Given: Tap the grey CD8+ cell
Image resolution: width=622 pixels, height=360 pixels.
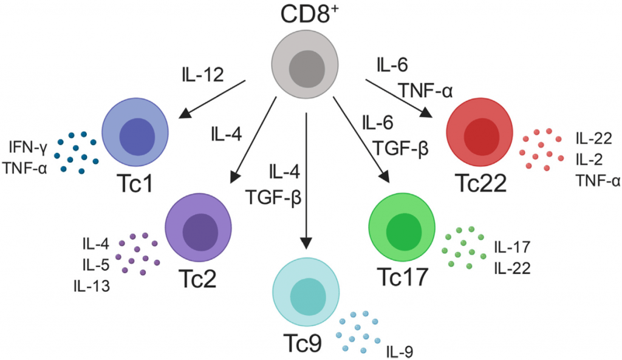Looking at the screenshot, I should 306,65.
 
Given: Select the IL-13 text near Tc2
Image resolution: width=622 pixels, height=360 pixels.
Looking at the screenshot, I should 92,286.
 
